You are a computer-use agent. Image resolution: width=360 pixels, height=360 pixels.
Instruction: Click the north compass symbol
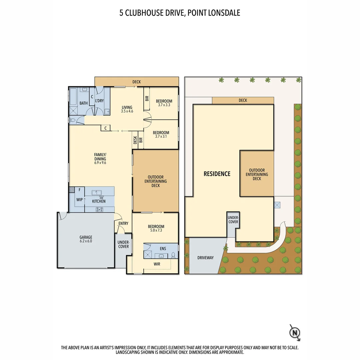295,332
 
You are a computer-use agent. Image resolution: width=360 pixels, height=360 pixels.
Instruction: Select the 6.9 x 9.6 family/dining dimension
100,163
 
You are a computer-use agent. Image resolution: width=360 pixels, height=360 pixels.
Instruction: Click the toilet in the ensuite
173,255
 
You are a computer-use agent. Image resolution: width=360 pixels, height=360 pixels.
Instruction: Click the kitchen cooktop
99,209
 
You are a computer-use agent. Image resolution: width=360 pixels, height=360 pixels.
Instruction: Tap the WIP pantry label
79,200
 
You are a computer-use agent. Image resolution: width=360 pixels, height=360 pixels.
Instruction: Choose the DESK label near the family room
135,140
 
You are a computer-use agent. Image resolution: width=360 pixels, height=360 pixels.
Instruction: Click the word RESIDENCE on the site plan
217,174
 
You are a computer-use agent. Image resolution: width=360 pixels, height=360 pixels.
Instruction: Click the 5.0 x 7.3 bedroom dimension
156,231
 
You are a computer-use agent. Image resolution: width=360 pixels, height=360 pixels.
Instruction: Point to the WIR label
157,264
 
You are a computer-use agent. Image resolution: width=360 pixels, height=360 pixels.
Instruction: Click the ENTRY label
123,224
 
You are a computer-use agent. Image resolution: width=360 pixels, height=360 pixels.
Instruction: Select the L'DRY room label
99,100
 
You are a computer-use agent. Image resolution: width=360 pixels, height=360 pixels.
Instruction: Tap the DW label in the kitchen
101,198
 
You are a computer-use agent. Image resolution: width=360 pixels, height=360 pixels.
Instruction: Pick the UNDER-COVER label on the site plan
233,220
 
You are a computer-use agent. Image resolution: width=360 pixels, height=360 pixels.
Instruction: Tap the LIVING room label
127,107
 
